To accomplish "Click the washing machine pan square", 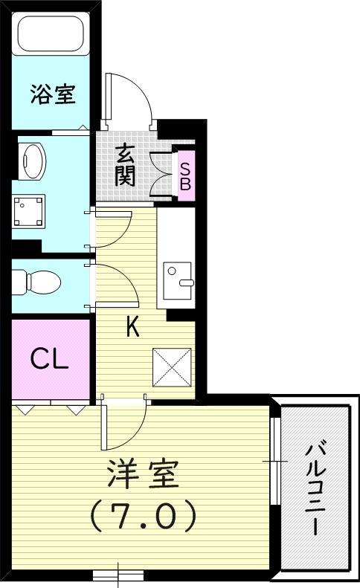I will point(30,210).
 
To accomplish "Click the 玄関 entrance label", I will point(123,165).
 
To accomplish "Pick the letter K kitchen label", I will point(132,327).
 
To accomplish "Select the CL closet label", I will point(49,359).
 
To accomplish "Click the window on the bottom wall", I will point(119,574).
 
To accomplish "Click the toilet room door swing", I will point(115,286).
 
